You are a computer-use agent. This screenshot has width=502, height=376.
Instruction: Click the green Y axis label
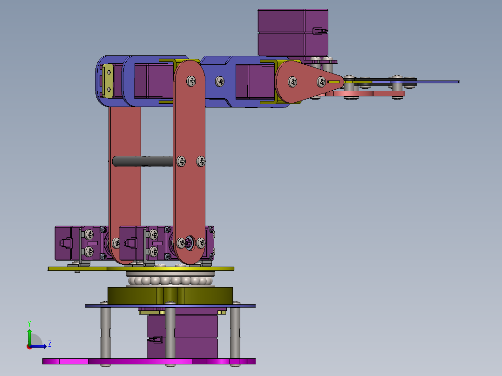29,323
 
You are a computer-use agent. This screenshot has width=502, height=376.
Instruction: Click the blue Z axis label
50,344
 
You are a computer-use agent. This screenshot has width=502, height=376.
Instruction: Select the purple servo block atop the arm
293,33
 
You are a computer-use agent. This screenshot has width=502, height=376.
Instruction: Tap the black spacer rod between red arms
143,161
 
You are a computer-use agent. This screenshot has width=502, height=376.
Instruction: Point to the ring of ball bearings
170,281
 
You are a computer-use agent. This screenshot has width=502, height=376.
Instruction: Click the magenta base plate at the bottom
149,361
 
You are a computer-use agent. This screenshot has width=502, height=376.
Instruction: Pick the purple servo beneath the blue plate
183,335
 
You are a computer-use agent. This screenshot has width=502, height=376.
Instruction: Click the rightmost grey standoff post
235,333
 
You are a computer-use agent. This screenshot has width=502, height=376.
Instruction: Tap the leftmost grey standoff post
105,333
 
